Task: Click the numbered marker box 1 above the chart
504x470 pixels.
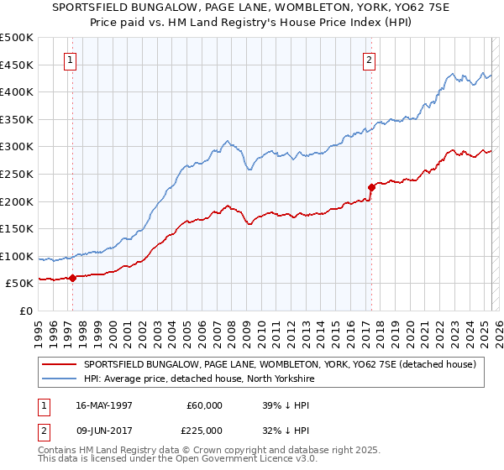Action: click(x=69, y=60)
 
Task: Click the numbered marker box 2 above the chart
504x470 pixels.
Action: click(x=369, y=60)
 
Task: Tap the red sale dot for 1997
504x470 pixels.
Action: click(x=72, y=278)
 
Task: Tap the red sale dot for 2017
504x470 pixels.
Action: click(x=371, y=187)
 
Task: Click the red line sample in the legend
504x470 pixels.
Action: click(x=60, y=364)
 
